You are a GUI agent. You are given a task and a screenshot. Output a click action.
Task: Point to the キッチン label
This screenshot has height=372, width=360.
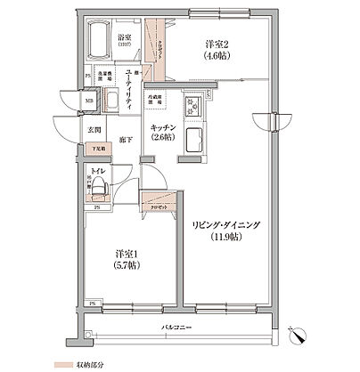tap(163, 126)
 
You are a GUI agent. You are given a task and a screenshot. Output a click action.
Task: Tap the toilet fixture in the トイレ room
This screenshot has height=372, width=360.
tap(99, 185)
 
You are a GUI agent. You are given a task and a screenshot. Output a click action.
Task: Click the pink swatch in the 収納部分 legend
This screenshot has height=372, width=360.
tap(60, 365)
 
